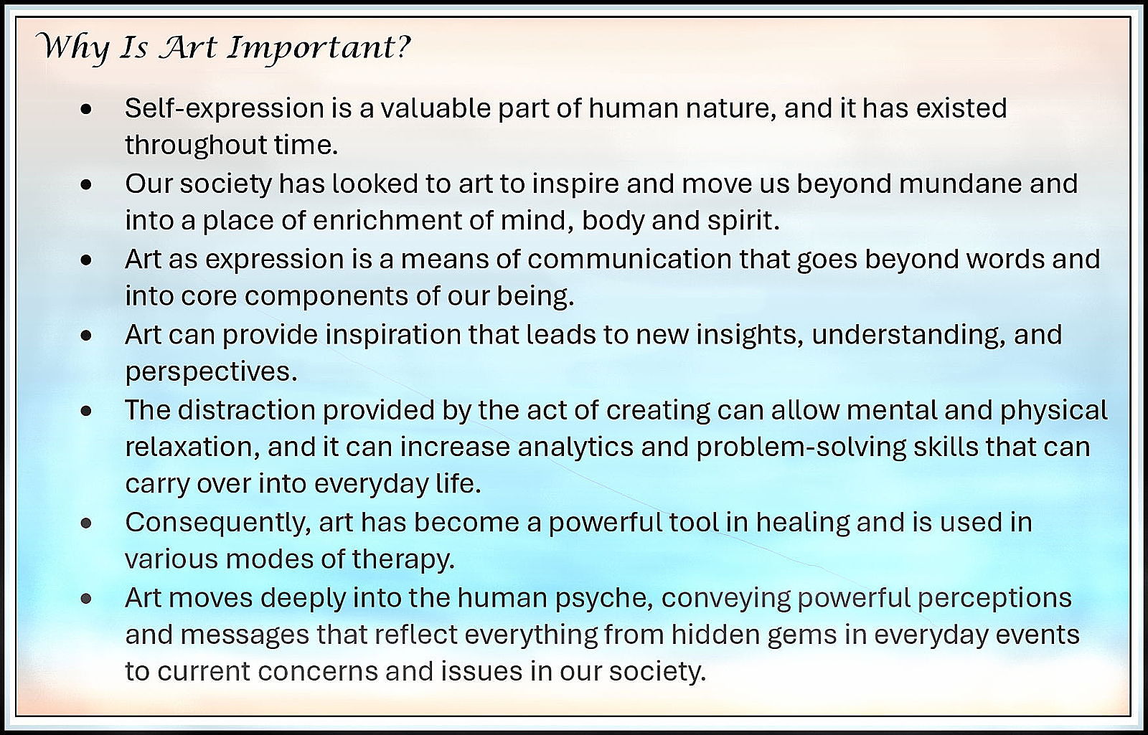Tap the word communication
click(x=629, y=259)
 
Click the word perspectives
click(x=211, y=373)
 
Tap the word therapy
click(x=403, y=560)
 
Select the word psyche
click(x=604, y=599)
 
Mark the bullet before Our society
click(x=86, y=184)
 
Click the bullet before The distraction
click(x=86, y=411)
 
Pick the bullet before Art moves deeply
click(x=86, y=598)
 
